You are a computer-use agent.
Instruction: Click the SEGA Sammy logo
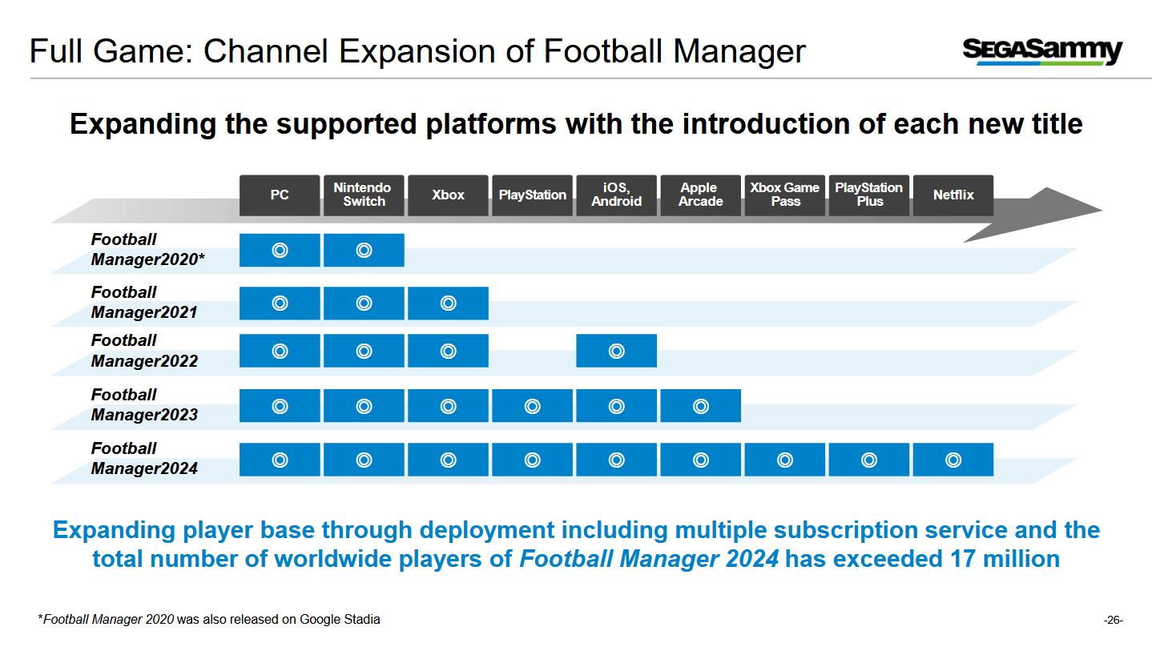click(x=1042, y=51)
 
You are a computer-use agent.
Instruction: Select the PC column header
click(x=280, y=195)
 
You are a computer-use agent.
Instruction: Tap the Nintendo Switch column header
click(x=364, y=195)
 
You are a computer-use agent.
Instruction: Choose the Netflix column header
click(x=953, y=195)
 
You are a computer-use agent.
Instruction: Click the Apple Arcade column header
click(x=700, y=195)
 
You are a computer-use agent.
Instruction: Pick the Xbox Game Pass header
click(x=785, y=195)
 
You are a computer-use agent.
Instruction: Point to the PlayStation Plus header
click(x=869, y=195)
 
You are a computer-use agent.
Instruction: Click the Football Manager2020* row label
click(x=147, y=249)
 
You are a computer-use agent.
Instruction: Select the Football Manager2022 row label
click(x=144, y=351)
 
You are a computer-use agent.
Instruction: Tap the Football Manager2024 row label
click(x=144, y=458)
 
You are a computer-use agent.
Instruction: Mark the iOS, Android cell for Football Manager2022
click(x=616, y=351)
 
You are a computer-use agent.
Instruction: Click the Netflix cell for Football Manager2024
click(x=953, y=460)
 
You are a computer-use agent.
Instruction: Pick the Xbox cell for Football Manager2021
click(x=448, y=303)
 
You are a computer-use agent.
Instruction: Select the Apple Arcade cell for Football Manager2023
click(x=700, y=406)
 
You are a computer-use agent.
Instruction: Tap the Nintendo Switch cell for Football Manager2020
click(x=364, y=251)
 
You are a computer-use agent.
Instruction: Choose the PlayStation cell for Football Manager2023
click(x=532, y=406)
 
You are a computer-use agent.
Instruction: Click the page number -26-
click(x=1113, y=621)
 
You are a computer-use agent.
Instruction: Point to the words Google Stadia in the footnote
click(x=340, y=620)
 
